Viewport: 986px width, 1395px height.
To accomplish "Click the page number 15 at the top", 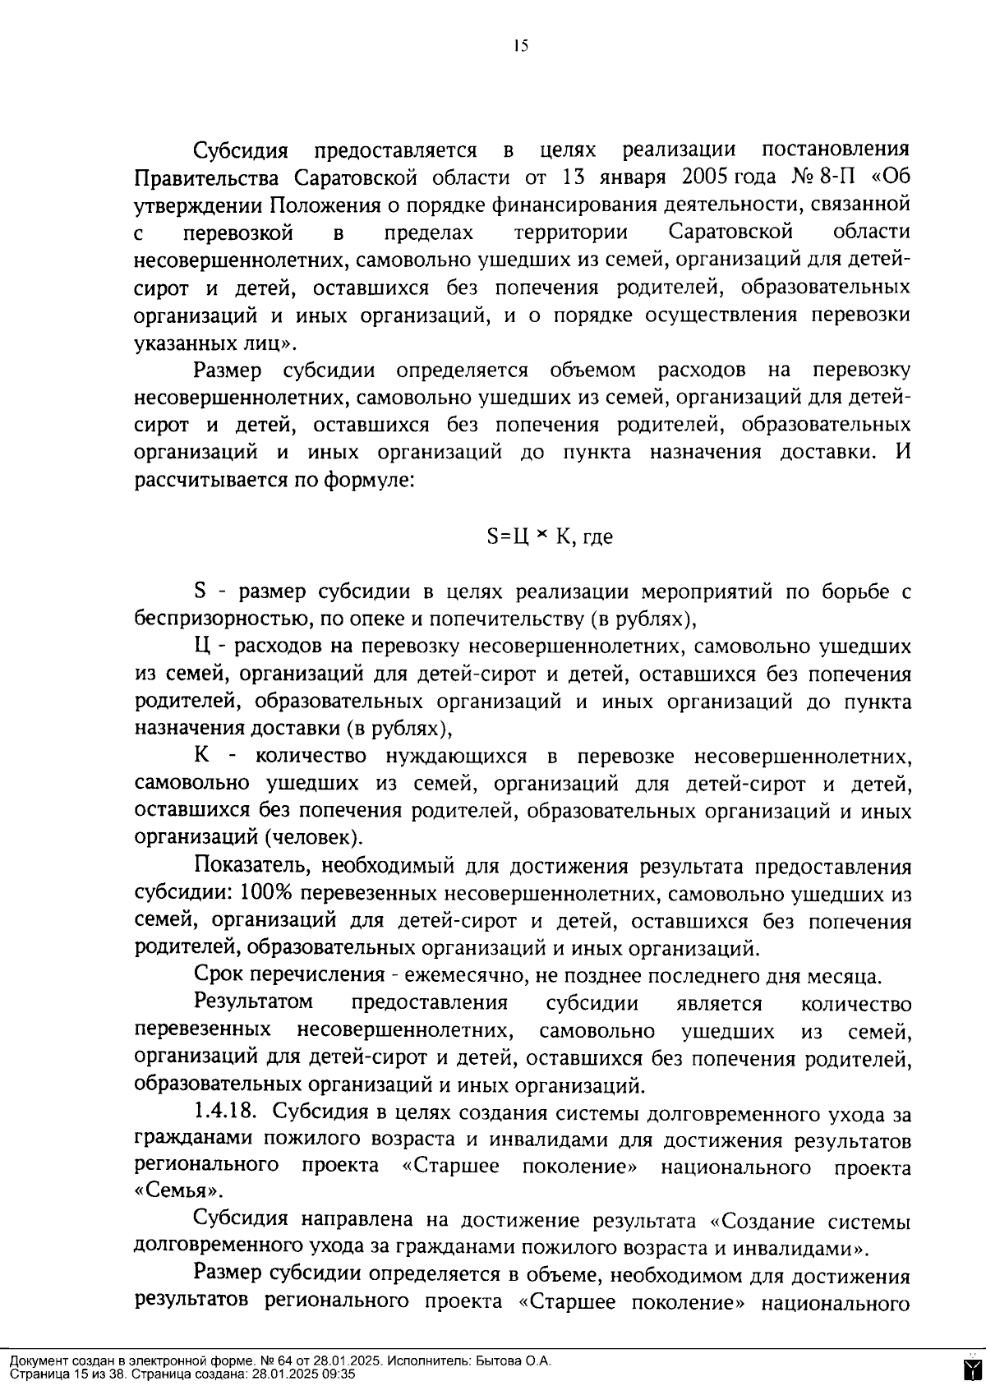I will pyautogui.click(x=520, y=46).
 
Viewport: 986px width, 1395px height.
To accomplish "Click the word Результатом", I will pyautogui.click(x=254, y=1003).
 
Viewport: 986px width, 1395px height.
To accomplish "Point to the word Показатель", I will pyautogui.click(x=251, y=867).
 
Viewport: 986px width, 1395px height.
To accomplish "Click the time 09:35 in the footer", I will pyautogui.click(x=339, y=1374).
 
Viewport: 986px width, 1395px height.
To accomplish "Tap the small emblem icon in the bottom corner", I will pyautogui.click(x=971, y=1368).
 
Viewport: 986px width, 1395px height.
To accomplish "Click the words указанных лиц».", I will pyautogui.click(x=214, y=343).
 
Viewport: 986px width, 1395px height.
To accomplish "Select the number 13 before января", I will pyautogui.click(x=573, y=177).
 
